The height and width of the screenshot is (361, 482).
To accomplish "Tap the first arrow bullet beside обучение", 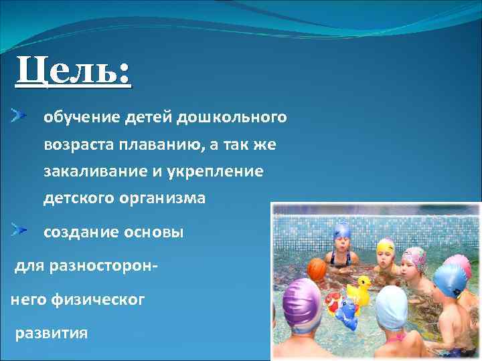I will pos(19,116).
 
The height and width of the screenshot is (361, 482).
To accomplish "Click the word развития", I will pos(51,332).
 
